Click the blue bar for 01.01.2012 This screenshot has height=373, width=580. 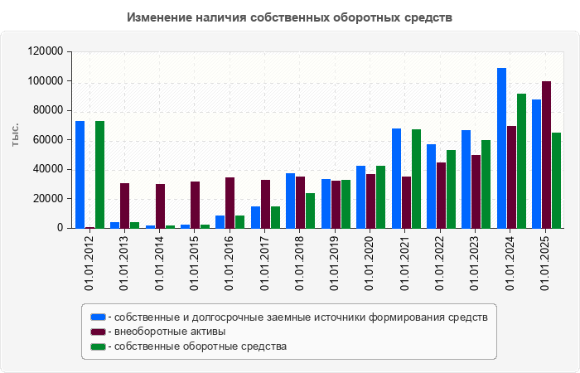80,174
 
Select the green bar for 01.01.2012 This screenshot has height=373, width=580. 99,174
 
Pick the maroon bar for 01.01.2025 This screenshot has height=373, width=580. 547,154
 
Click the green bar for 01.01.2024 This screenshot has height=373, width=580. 521,161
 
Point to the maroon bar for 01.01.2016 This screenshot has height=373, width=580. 230,202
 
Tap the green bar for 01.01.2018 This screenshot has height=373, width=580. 310,211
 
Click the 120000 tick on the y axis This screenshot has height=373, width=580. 46,51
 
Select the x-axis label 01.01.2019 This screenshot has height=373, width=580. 336,264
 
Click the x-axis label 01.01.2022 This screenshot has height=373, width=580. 441,264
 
